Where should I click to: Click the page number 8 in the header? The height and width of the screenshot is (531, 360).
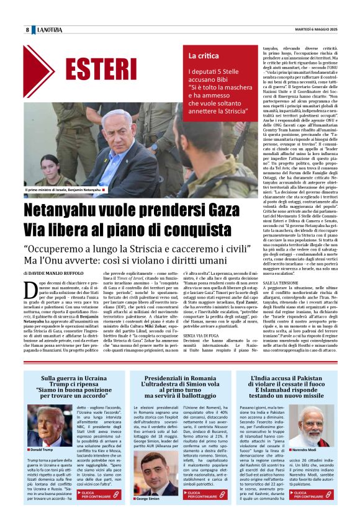tap(27, 30)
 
